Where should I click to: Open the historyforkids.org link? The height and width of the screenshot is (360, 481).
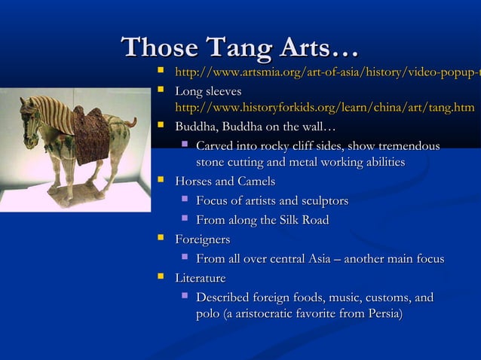pyautogui.click(x=324, y=108)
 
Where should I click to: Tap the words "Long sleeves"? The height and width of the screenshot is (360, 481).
pyautogui.click(x=208, y=91)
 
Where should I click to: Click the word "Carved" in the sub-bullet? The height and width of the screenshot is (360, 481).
pyautogui.click(x=215, y=145)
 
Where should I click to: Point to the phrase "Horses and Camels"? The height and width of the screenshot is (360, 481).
pyautogui.click(x=225, y=182)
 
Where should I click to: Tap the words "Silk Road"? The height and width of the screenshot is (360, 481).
pyautogui.click(x=303, y=220)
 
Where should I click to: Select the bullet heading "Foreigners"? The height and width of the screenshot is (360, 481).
pyautogui.click(x=202, y=239)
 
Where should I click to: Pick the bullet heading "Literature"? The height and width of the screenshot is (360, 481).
pyautogui.click(x=200, y=279)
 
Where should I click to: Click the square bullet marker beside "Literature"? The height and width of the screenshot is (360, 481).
pyautogui.click(x=160, y=279)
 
